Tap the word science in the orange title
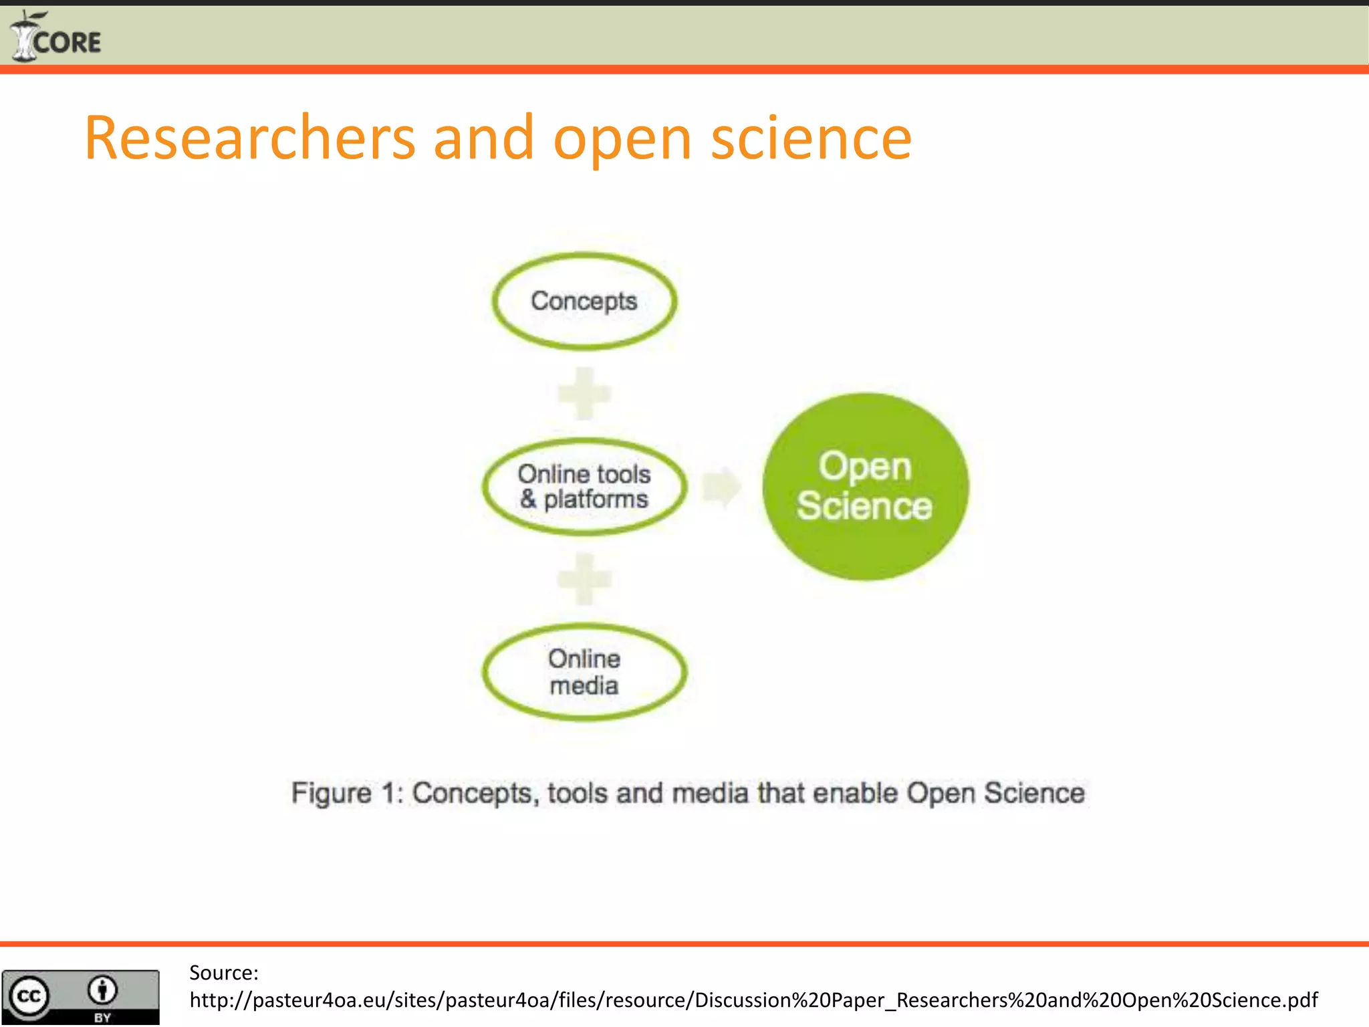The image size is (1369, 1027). click(811, 138)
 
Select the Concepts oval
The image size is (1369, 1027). click(584, 301)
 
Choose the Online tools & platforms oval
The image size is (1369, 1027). click(584, 486)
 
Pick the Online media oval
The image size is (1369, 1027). click(584, 671)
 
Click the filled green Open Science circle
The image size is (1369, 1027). click(865, 486)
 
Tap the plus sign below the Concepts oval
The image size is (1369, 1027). click(584, 393)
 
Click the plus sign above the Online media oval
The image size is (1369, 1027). click(584, 579)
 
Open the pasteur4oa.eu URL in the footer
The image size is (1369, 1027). click(753, 1000)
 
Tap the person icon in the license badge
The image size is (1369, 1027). click(102, 990)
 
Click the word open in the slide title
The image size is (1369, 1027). click(622, 138)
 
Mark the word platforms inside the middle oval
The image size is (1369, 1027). click(596, 499)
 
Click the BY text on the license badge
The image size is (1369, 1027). click(102, 1018)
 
